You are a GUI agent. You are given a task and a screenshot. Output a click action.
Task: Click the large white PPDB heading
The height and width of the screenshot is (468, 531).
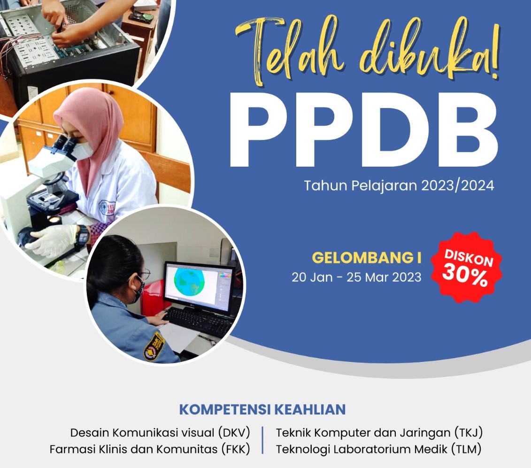pyautogui.click(x=364, y=130)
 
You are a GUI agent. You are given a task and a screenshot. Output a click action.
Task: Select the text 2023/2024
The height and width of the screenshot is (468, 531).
pyautogui.click(x=458, y=185)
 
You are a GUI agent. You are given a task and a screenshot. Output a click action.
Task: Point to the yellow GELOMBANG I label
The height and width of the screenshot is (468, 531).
pyautogui.click(x=367, y=258)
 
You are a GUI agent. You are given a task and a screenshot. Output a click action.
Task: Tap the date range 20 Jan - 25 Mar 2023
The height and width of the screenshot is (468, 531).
pyautogui.click(x=357, y=277)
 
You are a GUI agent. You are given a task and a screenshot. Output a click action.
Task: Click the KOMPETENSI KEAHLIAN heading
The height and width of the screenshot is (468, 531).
pyautogui.click(x=262, y=409)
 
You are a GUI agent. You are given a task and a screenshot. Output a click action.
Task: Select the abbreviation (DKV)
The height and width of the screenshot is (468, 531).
pyautogui.click(x=234, y=432)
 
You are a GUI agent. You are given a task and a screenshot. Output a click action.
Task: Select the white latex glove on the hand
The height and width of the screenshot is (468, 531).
pyautogui.click(x=54, y=240)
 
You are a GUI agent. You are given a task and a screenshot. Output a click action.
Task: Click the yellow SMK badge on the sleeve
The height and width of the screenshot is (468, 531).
pyautogui.click(x=154, y=346)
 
